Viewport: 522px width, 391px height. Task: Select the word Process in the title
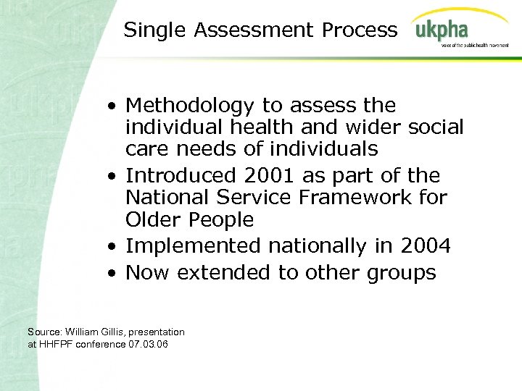click(x=360, y=30)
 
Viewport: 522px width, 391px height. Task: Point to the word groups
click(x=402, y=273)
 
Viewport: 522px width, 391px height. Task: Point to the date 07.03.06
click(x=148, y=344)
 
